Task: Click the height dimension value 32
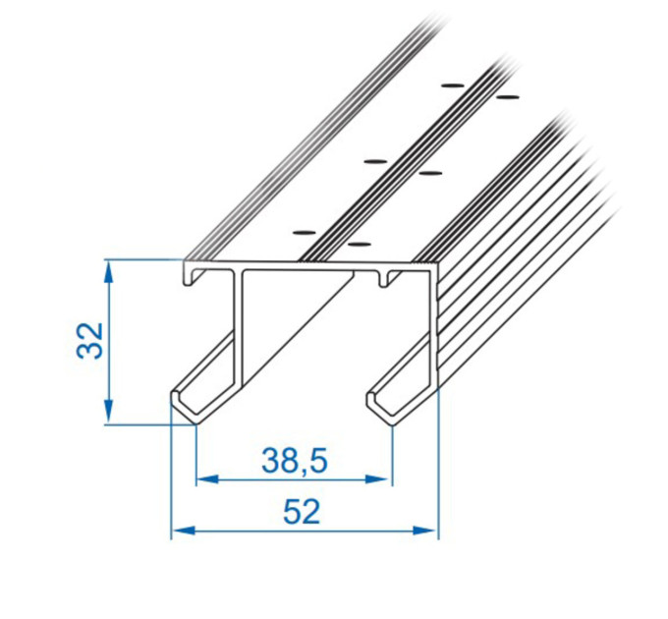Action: click(90, 340)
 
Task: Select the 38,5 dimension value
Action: click(295, 461)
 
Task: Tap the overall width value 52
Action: click(302, 512)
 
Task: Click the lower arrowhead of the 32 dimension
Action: click(109, 412)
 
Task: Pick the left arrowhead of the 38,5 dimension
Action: click(208, 479)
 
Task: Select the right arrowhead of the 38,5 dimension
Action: click(377, 479)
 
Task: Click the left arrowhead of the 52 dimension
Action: click(183, 531)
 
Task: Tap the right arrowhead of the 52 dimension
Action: click(425, 531)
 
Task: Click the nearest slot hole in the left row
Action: click(306, 233)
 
